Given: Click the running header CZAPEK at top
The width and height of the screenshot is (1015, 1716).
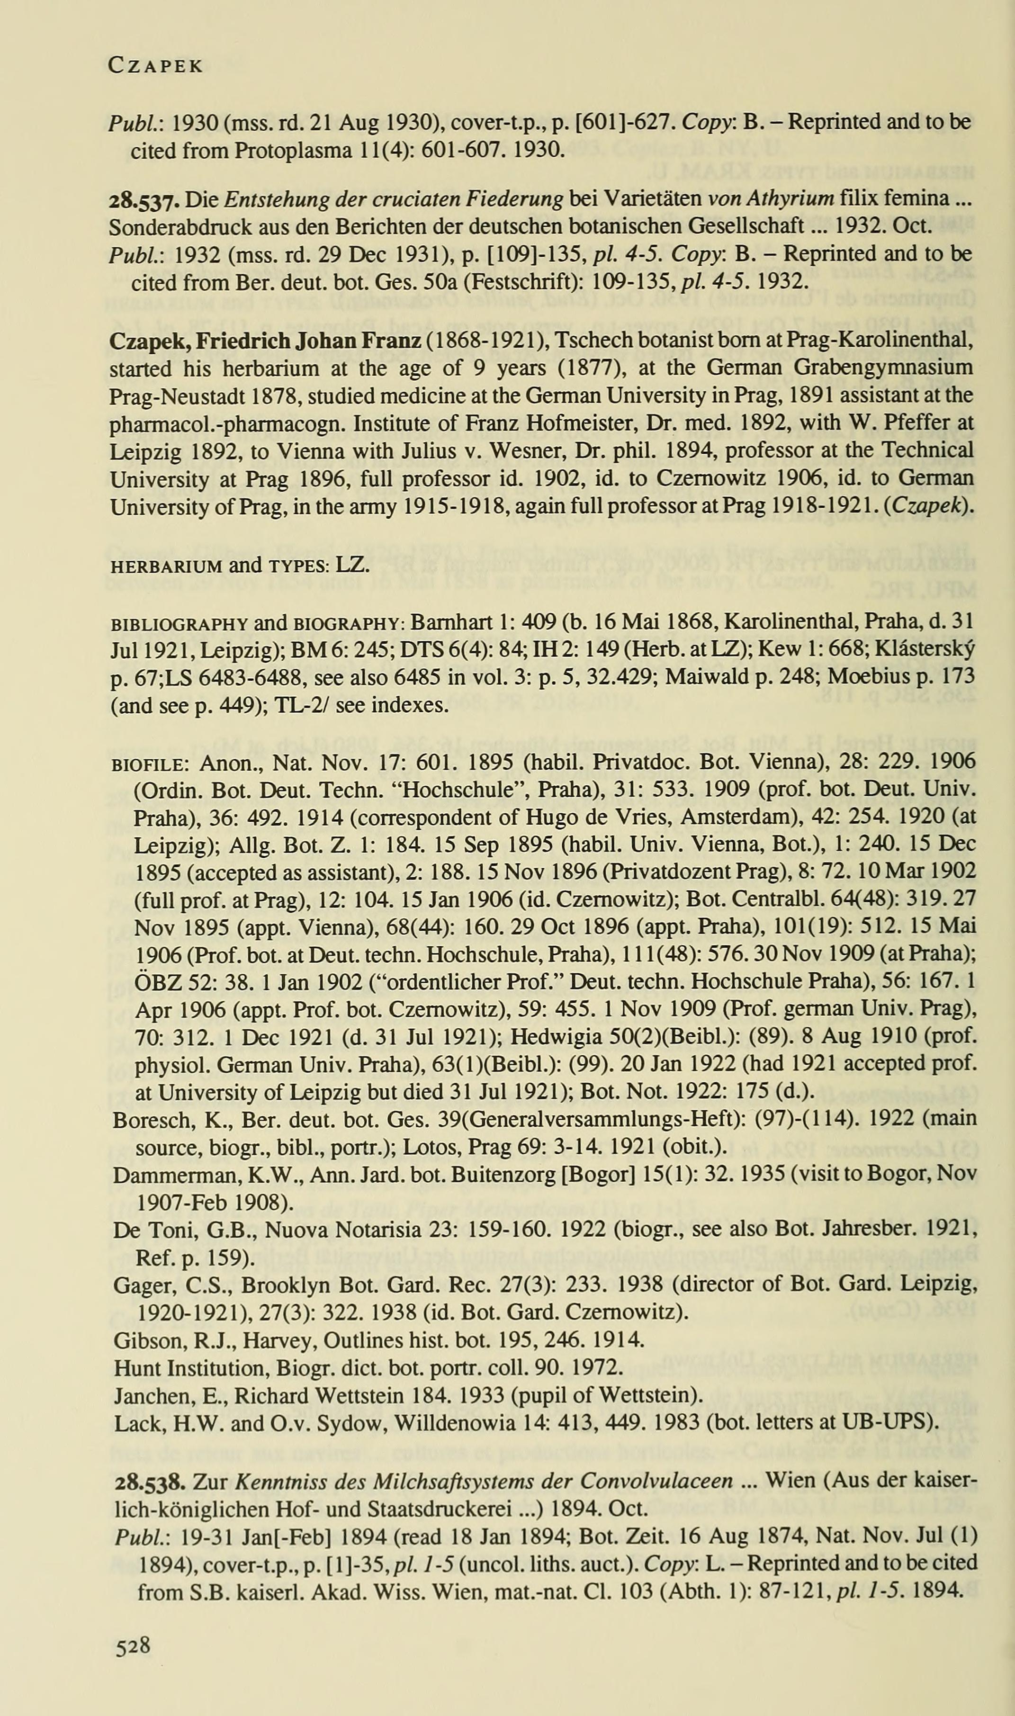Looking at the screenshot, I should [x=156, y=66].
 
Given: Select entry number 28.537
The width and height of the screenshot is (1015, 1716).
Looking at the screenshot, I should [x=145, y=200].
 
